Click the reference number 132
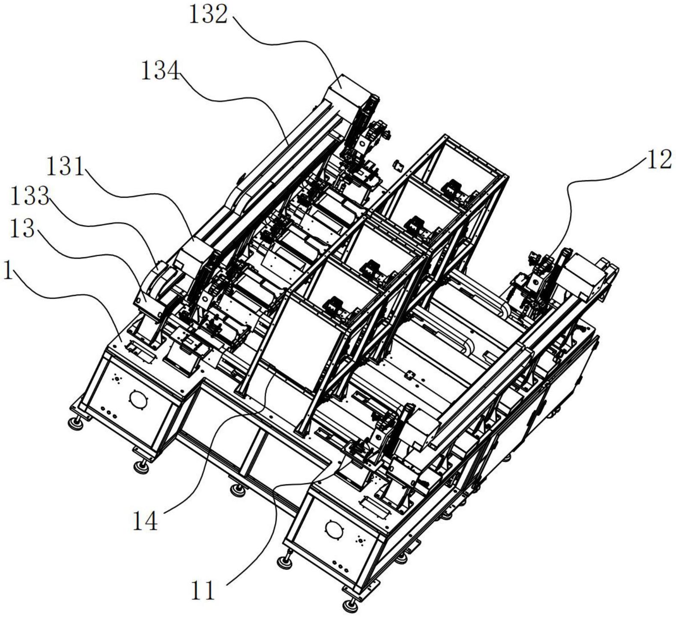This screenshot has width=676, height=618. (208, 15)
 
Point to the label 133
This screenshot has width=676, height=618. (29, 197)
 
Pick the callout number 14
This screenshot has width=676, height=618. (145, 521)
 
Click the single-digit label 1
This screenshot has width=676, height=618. (7, 272)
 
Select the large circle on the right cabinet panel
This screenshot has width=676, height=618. (334, 528)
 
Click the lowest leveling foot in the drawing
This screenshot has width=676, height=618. (350, 605)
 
